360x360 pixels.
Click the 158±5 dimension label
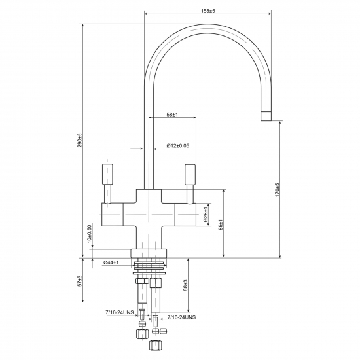208,10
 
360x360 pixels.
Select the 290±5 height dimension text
80,140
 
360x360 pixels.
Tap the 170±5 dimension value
277,190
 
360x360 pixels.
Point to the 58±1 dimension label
172,115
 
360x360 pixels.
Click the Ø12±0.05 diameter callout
178,145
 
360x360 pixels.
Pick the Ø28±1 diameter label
206,214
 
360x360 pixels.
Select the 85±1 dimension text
221,225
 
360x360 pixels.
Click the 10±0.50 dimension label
89,234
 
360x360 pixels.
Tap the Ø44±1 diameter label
111,262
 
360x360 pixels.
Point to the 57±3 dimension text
80,281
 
